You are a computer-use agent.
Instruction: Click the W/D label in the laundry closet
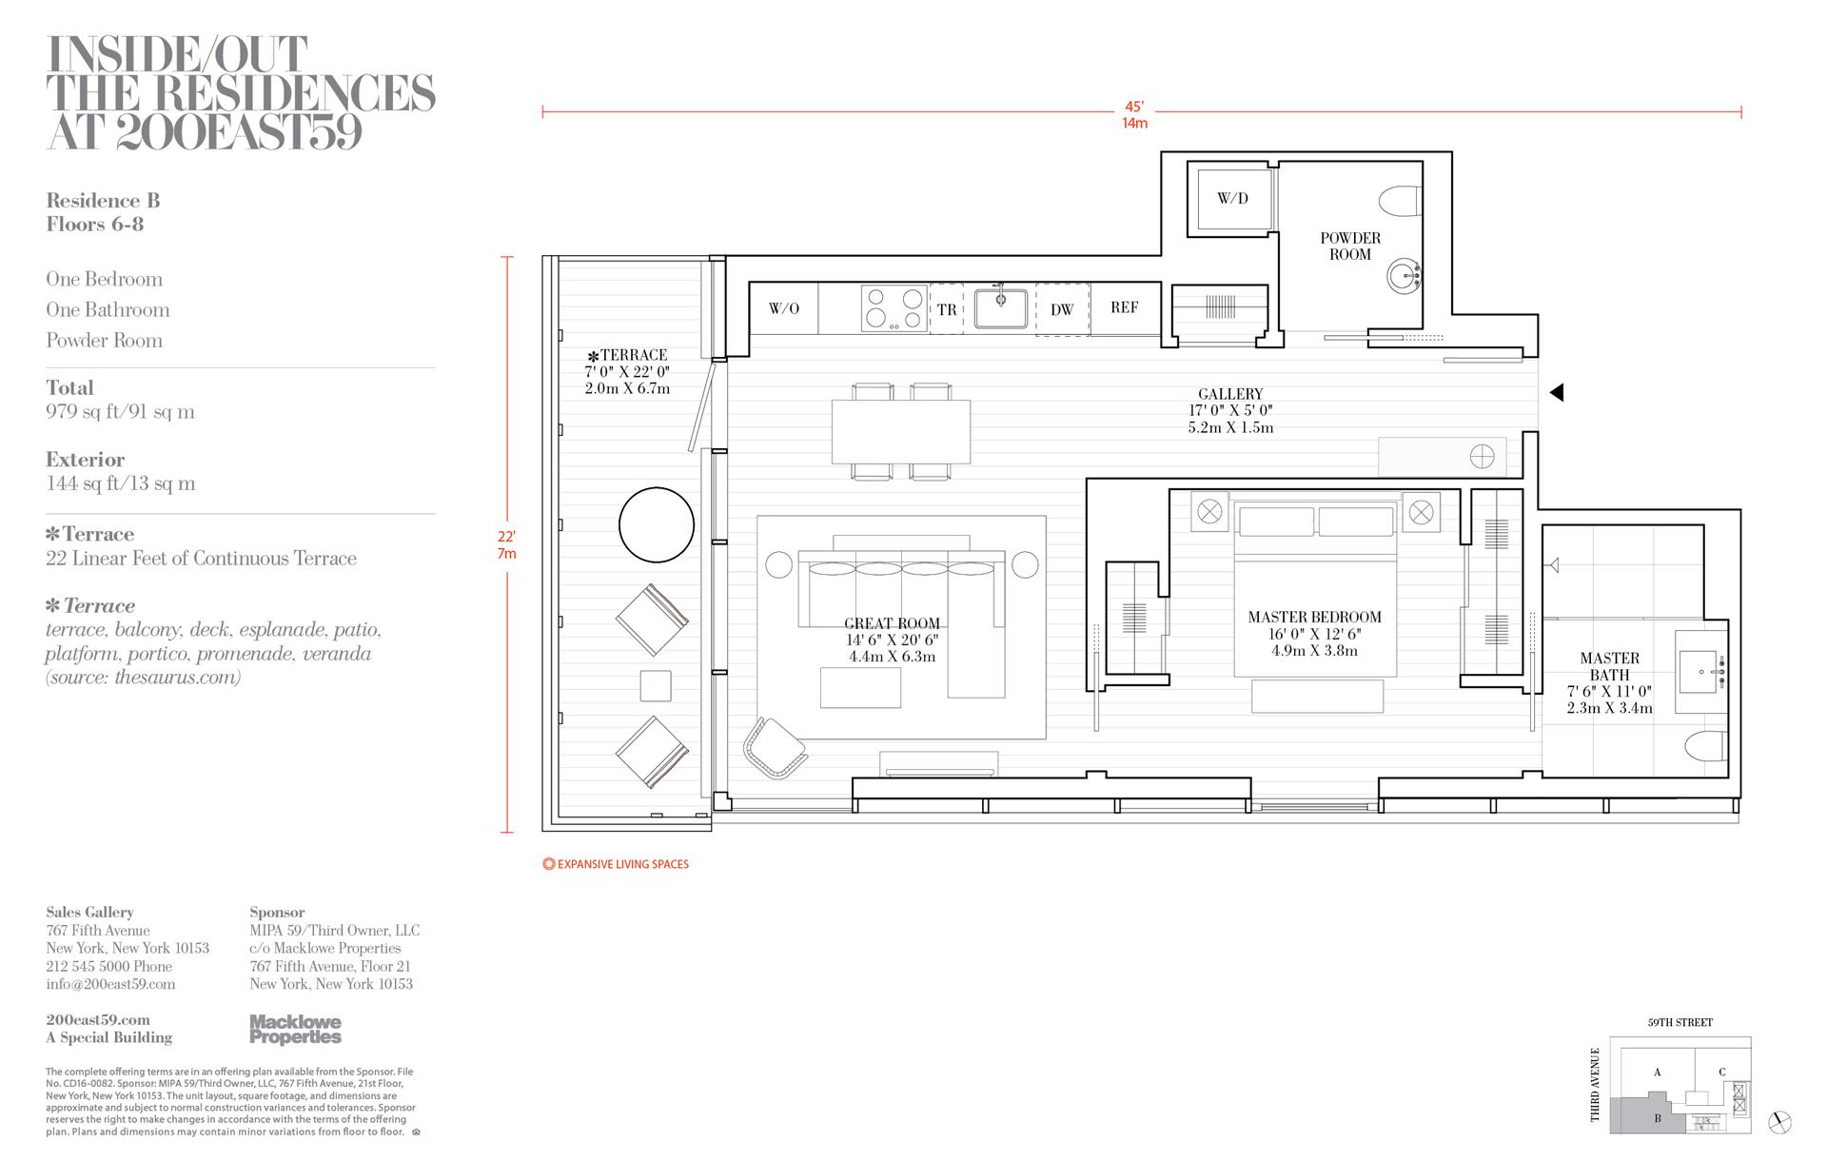1232,199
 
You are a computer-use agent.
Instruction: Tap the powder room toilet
1400,201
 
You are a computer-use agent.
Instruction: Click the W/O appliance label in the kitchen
783,308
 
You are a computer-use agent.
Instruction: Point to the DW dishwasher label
1062,309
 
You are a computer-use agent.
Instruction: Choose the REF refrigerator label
1124,307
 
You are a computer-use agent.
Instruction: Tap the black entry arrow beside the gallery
1556,391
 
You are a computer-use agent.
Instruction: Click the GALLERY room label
1230,394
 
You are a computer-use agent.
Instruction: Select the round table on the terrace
657,524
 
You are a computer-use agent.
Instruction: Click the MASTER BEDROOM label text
1314,617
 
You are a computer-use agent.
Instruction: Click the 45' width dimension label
1134,107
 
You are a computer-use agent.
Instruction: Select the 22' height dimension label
506,537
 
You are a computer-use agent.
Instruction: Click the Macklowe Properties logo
295,1029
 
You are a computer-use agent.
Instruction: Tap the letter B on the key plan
1657,1118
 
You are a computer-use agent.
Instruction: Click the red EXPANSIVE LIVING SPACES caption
616,864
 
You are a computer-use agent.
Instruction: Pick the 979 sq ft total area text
120,412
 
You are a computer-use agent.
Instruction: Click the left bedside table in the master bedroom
1208,512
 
